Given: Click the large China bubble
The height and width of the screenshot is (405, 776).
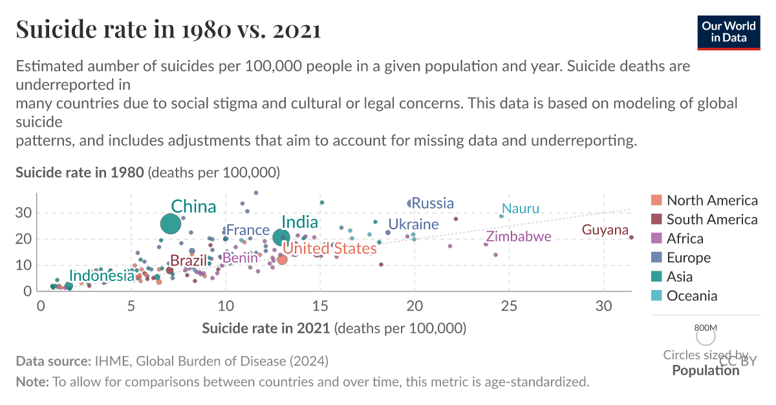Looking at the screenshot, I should (x=170, y=223).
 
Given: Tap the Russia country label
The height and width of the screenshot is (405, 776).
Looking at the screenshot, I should (x=433, y=203).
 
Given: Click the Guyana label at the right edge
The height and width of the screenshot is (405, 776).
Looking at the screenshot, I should (x=605, y=230).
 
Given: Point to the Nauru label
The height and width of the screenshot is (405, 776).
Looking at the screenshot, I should (x=520, y=209).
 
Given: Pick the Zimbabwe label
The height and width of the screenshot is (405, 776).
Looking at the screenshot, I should (x=519, y=236).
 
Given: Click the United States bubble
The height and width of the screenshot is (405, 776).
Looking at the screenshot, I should (x=282, y=260).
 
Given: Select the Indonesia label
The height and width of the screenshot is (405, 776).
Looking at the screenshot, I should (x=102, y=276).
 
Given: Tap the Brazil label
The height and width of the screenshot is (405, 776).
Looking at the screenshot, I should (x=188, y=261).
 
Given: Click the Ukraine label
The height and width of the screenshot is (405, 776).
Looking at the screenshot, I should (x=413, y=225).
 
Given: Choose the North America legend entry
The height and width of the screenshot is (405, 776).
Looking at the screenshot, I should (x=711, y=200).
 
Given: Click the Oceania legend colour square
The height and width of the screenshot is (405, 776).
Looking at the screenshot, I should (x=656, y=296).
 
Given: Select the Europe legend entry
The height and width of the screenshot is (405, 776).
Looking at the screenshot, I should (x=688, y=258).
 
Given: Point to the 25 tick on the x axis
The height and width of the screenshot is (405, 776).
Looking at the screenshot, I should (x=509, y=305).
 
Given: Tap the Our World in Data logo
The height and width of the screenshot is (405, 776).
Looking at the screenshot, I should (x=728, y=31).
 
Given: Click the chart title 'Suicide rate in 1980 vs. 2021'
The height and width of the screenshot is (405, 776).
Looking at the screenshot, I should (x=168, y=30).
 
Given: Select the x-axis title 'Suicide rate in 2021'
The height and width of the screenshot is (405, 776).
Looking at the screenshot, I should (x=266, y=328).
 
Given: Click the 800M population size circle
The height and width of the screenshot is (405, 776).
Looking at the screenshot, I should (x=706, y=336).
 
